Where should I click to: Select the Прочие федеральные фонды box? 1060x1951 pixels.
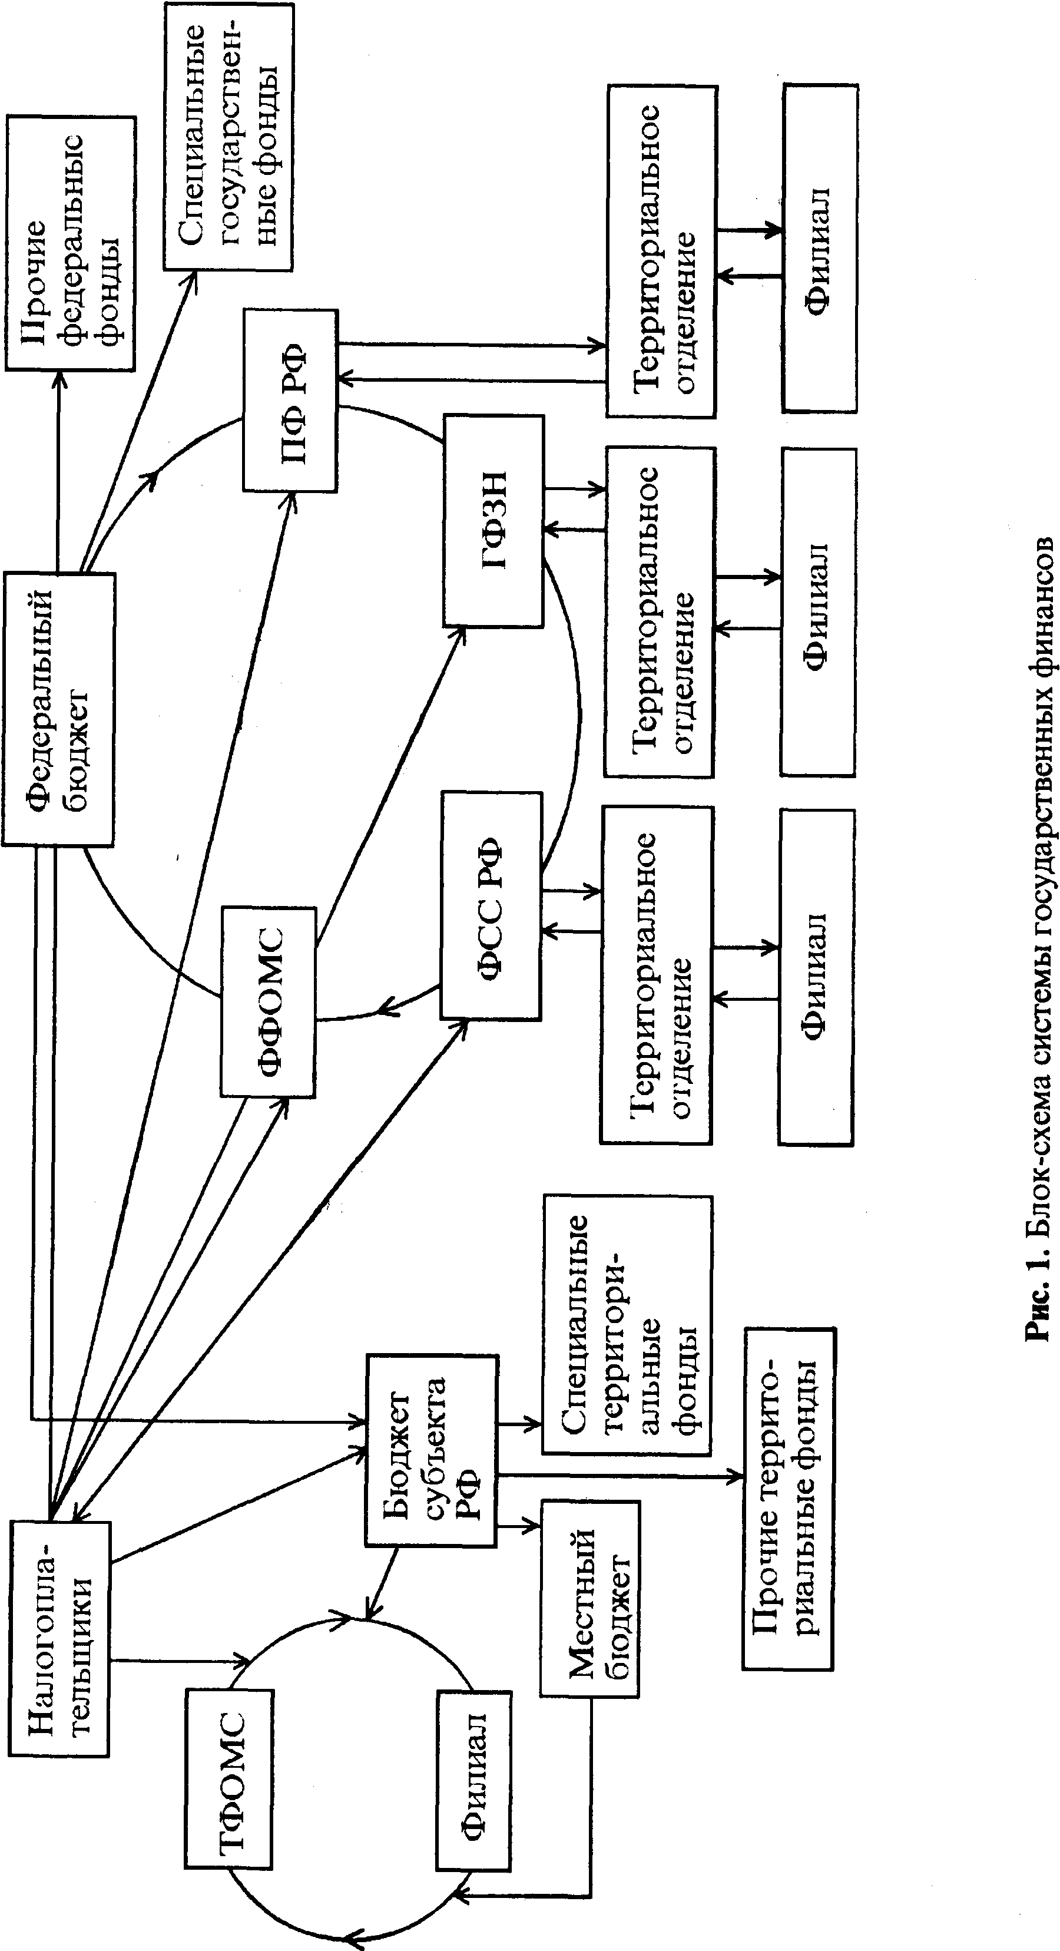click(x=71, y=243)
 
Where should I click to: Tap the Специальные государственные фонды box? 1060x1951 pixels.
click(x=228, y=136)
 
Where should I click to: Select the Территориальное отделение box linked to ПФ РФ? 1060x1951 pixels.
click(x=661, y=251)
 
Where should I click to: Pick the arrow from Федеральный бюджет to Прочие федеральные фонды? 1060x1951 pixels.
click(x=58, y=469)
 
